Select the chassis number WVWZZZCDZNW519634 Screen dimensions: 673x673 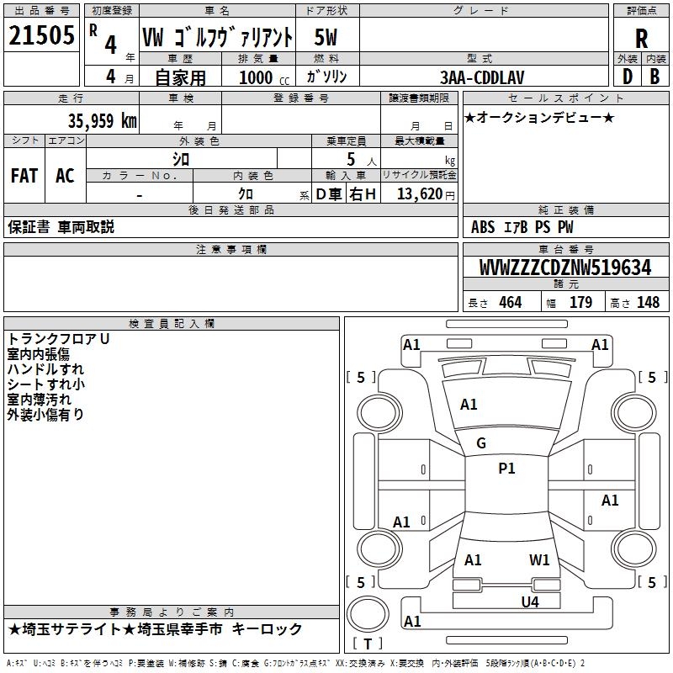pos(565,268)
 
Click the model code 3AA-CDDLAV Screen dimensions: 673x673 pos(483,77)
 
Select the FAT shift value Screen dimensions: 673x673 pos(24,175)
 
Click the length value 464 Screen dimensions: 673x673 pos(510,303)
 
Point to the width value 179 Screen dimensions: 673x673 pos(580,303)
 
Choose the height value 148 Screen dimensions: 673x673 pos(648,303)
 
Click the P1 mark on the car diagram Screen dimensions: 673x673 pos(506,469)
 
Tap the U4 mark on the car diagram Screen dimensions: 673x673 pos(529,601)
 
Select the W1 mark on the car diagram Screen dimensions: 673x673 pos(539,559)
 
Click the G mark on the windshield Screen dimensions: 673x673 pos(481,442)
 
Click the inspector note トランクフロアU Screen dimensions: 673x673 pos(59,338)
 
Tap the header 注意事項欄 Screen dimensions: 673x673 pos(231,250)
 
